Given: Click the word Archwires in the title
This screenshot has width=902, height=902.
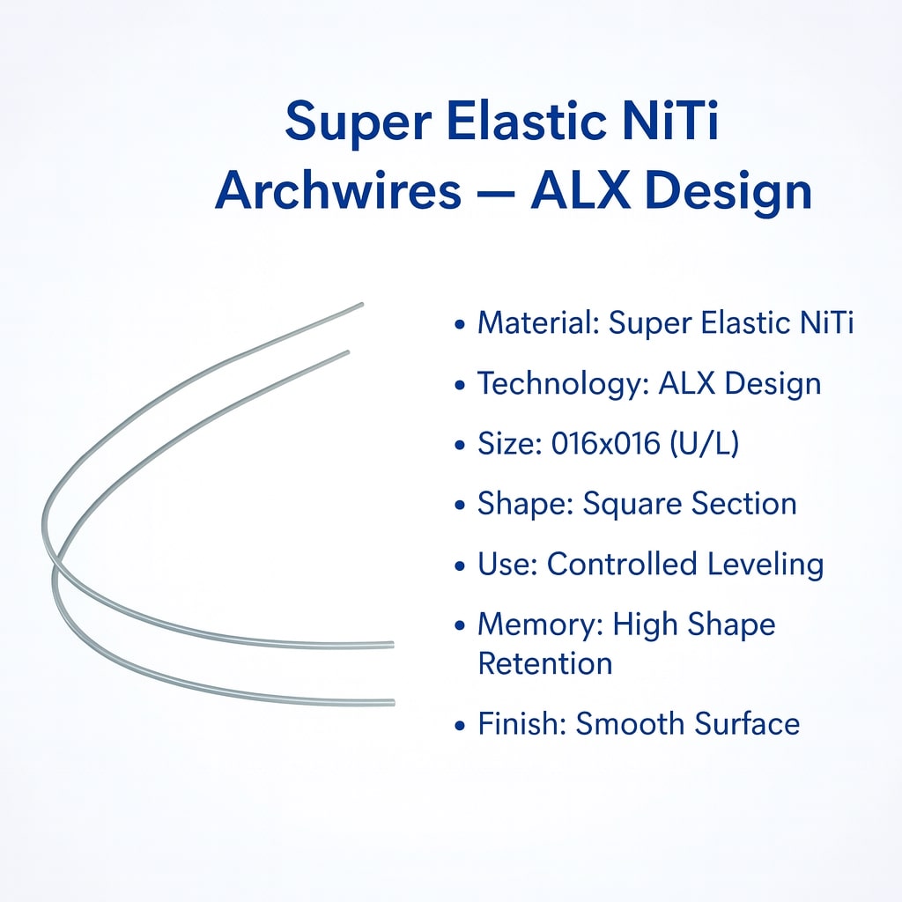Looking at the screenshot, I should point(338,191).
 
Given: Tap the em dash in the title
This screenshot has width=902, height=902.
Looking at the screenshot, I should point(495,192).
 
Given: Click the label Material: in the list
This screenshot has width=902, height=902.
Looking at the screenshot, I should point(538,323).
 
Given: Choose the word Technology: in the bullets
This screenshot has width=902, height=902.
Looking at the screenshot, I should point(564,384).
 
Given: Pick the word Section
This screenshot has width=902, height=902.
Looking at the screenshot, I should point(743,505).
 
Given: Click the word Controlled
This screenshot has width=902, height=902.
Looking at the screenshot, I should point(635,565).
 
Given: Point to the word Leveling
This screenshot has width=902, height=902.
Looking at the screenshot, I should point(772,565).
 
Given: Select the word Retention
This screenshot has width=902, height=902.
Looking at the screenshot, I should point(544,663).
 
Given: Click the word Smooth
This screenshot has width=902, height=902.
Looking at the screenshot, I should point(630,724).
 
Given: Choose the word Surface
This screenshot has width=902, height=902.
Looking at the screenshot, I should point(747,724).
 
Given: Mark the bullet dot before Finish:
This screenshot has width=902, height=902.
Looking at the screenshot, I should point(459,726).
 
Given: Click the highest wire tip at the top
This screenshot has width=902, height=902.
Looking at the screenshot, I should point(360,306).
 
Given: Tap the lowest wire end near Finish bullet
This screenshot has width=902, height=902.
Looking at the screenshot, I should point(392,702).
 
